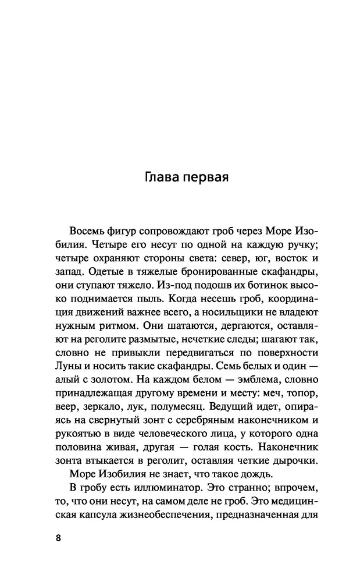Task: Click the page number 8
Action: coord(58,538)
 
